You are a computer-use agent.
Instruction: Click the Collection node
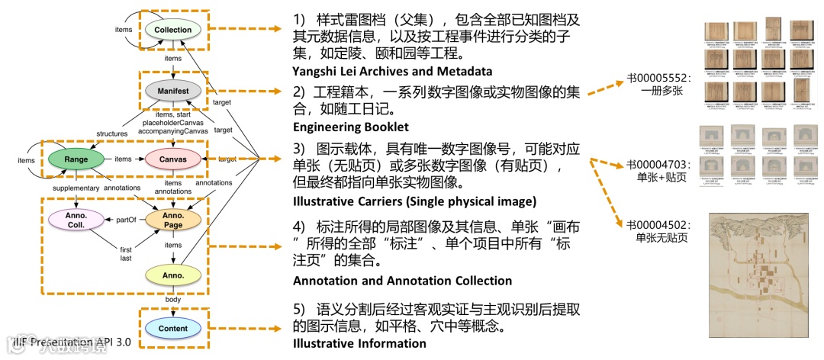click(x=173, y=30)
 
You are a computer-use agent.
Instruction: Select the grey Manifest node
click(x=173, y=91)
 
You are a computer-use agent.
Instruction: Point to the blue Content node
click(x=173, y=329)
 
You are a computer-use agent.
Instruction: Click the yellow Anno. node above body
click(x=173, y=274)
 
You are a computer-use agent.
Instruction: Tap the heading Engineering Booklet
click(x=351, y=127)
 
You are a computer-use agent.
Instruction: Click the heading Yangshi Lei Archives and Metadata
click(x=392, y=72)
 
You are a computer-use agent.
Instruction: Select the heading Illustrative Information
click(x=359, y=343)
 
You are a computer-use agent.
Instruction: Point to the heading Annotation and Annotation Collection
click(x=402, y=281)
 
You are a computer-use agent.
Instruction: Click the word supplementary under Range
click(x=76, y=188)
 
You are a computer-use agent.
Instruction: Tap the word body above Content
click(x=173, y=300)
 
